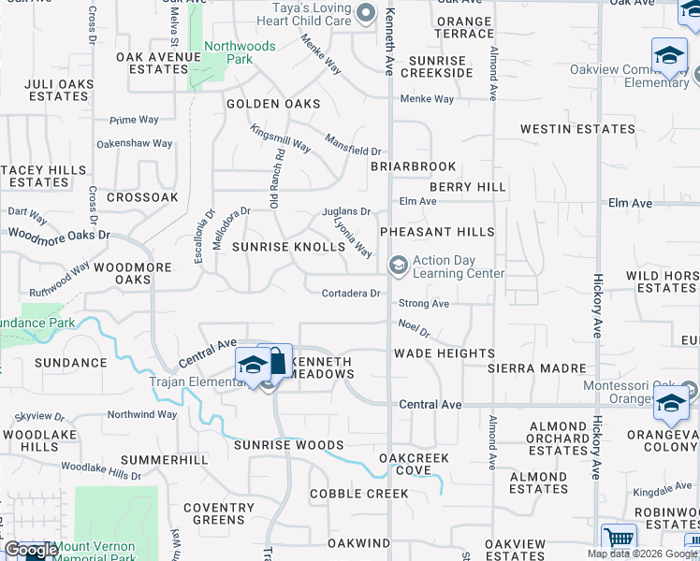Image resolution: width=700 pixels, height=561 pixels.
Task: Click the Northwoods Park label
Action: click(x=240, y=52)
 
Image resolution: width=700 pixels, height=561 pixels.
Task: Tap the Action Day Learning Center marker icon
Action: click(x=398, y=266)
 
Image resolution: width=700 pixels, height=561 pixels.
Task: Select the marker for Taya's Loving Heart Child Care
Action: click(x=367, y=14)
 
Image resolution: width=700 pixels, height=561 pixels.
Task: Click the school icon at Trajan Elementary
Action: click(x=252, y=366)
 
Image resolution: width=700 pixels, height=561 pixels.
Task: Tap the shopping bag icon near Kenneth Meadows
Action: click(x=278, y=361)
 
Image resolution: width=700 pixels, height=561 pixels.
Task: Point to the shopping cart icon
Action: click(x=619, y=539)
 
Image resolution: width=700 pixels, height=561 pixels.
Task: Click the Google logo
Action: click(x=30, y=550)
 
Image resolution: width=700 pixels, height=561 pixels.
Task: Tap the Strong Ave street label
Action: click(x=424, y=304)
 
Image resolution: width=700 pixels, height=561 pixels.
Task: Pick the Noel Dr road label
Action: click(x=413, y=327)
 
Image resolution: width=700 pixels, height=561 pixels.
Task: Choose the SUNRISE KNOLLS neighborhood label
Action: click(x=288, y=247)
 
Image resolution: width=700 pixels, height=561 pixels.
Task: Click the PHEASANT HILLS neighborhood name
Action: click(x=436, y=231)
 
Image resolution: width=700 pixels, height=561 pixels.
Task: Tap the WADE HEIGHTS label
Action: click(x=444, y=353)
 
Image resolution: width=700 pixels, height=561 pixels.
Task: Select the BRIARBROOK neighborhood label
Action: click(x=413, y=166)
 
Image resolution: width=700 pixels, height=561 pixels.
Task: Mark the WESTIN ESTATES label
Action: click(x=577, y=129)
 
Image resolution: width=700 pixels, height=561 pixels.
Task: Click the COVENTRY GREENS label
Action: click(x=218, y=513)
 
